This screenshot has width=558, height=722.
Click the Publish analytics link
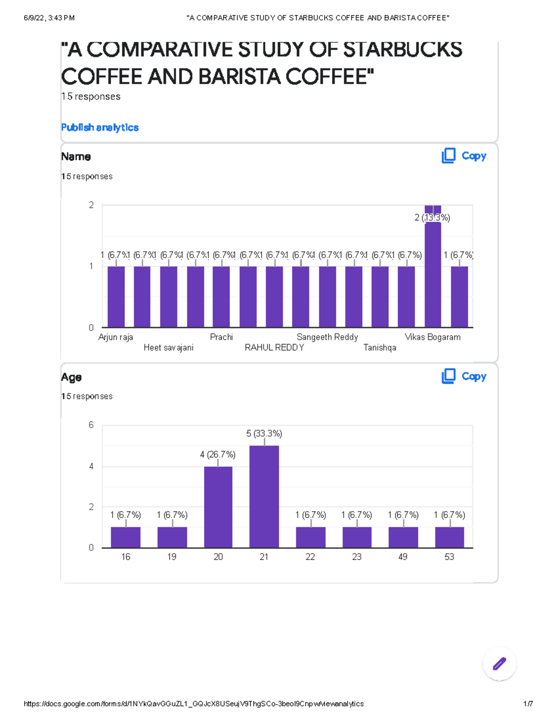(x=100, y=127)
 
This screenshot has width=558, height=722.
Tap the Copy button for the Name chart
(x=464, y=156)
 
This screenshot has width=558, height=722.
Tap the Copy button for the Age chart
(x=464, y=376)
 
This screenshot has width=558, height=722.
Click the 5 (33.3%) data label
(x=264, y=433)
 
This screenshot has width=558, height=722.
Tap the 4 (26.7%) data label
(x=218, y=454)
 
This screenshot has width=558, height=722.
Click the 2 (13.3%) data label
(x=432, y=218)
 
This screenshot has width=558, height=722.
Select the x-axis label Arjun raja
(x=116, y=337)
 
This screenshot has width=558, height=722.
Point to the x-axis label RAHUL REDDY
(x=274, y=347)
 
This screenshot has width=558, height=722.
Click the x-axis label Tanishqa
(x=380, y=347)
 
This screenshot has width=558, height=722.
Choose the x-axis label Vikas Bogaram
(x=432, y=337)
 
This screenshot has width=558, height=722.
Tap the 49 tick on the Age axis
(x=403, y=556)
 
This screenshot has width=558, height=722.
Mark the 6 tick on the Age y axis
(x=91, y=425)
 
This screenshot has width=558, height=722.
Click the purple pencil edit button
(x=499, y=663)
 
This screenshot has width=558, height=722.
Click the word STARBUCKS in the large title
(x=403, y=50)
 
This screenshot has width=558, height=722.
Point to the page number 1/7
(x=528, y=704)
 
